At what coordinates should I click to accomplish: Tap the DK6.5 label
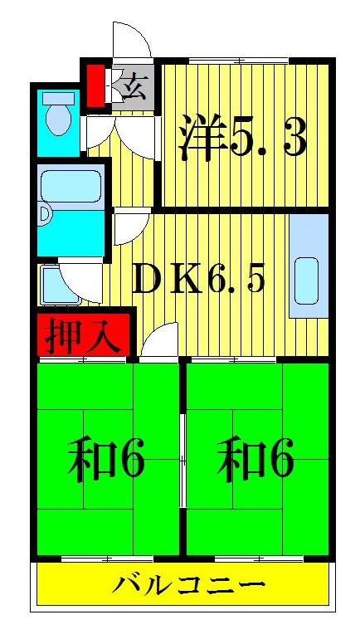(198, 281)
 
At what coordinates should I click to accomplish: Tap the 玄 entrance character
(134, 86)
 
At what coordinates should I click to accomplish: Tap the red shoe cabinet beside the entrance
(96, 84)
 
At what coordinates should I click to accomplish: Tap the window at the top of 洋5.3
(236, 61)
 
